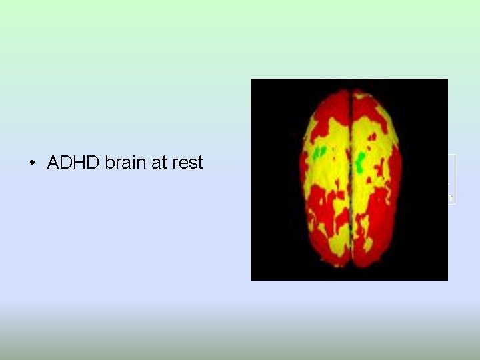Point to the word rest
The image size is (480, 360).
(x=187, y=163)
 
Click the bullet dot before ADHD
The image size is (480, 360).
(x=33, y=163)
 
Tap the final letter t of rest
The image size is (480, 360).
(x=199, y=163)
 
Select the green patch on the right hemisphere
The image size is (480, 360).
(x=361, y=160)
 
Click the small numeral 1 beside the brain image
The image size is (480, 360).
(x=451, y=199)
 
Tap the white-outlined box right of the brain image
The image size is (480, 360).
(x=451, y=179)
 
